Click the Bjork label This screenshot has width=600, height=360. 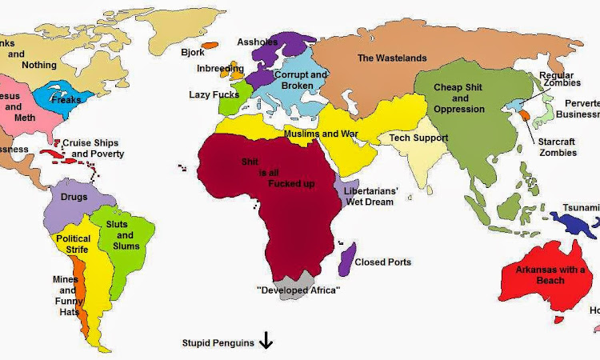click(193, 52)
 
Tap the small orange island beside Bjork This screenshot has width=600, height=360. click(211, 46)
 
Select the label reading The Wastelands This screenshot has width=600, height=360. click(392, 58)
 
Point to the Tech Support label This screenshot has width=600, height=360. click(418, 138)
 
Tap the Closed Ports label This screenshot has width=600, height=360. click(382, 262)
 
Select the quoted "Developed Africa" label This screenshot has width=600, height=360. click(298, 290)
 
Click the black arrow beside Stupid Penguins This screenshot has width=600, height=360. click(266, 342)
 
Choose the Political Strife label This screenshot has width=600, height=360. click(73, 244)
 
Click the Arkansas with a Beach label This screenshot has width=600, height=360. click(550, 275)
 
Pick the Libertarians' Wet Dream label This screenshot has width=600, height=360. click(369, 197)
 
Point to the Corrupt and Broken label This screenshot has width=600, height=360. click(301, 79)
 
